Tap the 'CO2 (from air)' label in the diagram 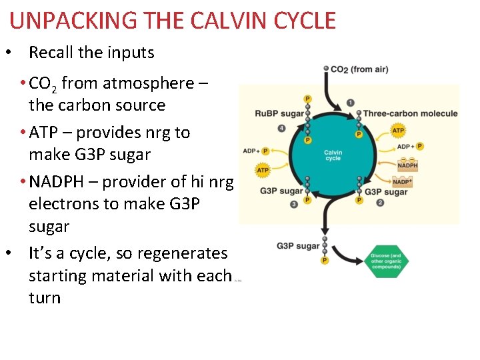(359, 69)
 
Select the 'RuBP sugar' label (279, 113)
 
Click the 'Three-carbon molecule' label (410, 113)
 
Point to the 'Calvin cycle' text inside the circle (333, 155)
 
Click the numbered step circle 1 (350, 103)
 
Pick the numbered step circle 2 (380, 203)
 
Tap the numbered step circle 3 (294, 204)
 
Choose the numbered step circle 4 (282, 128)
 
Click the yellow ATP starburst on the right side (398, 131)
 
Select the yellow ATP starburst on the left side (263, 170)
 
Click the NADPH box (407, 165)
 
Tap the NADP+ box (403, 181)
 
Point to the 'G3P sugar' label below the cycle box (298, 246)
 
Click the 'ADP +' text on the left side (251, 151)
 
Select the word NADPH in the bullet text (61, 181)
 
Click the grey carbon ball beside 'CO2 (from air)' (325, 69)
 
